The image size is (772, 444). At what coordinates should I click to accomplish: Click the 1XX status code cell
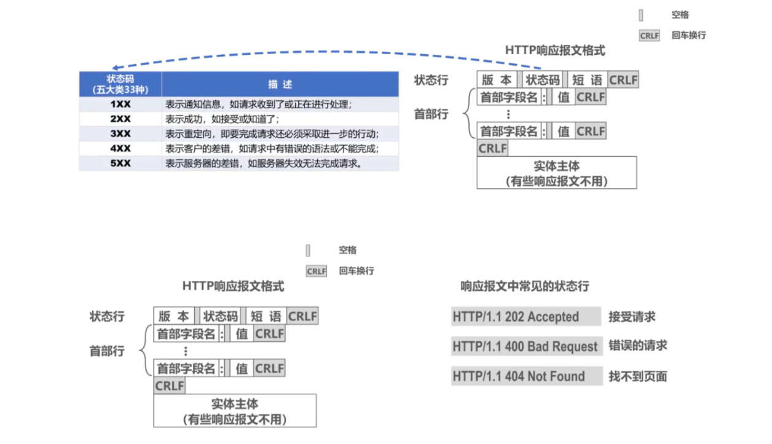[120, 104]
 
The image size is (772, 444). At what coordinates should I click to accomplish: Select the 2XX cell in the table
[120, 119]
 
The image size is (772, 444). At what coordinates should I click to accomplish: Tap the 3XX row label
[120, 133]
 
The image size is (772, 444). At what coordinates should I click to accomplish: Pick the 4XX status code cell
[120, 148]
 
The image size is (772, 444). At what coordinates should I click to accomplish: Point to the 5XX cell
[120, 164]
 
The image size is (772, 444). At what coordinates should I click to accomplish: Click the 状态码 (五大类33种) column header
[120, 84]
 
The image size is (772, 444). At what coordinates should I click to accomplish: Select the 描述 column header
[280, 84]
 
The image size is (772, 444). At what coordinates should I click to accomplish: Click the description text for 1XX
[258, 104]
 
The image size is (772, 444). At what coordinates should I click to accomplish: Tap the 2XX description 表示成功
[222, 119]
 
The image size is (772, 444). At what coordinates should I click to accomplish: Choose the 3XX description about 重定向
[271, 133]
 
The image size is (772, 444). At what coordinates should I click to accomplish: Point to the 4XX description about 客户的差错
[271, 148]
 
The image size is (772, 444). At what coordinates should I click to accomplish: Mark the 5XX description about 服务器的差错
[262, 164]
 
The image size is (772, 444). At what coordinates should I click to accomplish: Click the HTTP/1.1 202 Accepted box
[526, 317]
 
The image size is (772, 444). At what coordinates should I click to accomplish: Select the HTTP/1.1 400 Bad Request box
[526, 346]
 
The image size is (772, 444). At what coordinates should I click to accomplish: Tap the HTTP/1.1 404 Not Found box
[526, 376]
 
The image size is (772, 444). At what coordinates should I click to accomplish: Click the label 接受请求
[632, 317]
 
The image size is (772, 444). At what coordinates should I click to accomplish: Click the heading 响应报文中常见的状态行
[525, 286]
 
